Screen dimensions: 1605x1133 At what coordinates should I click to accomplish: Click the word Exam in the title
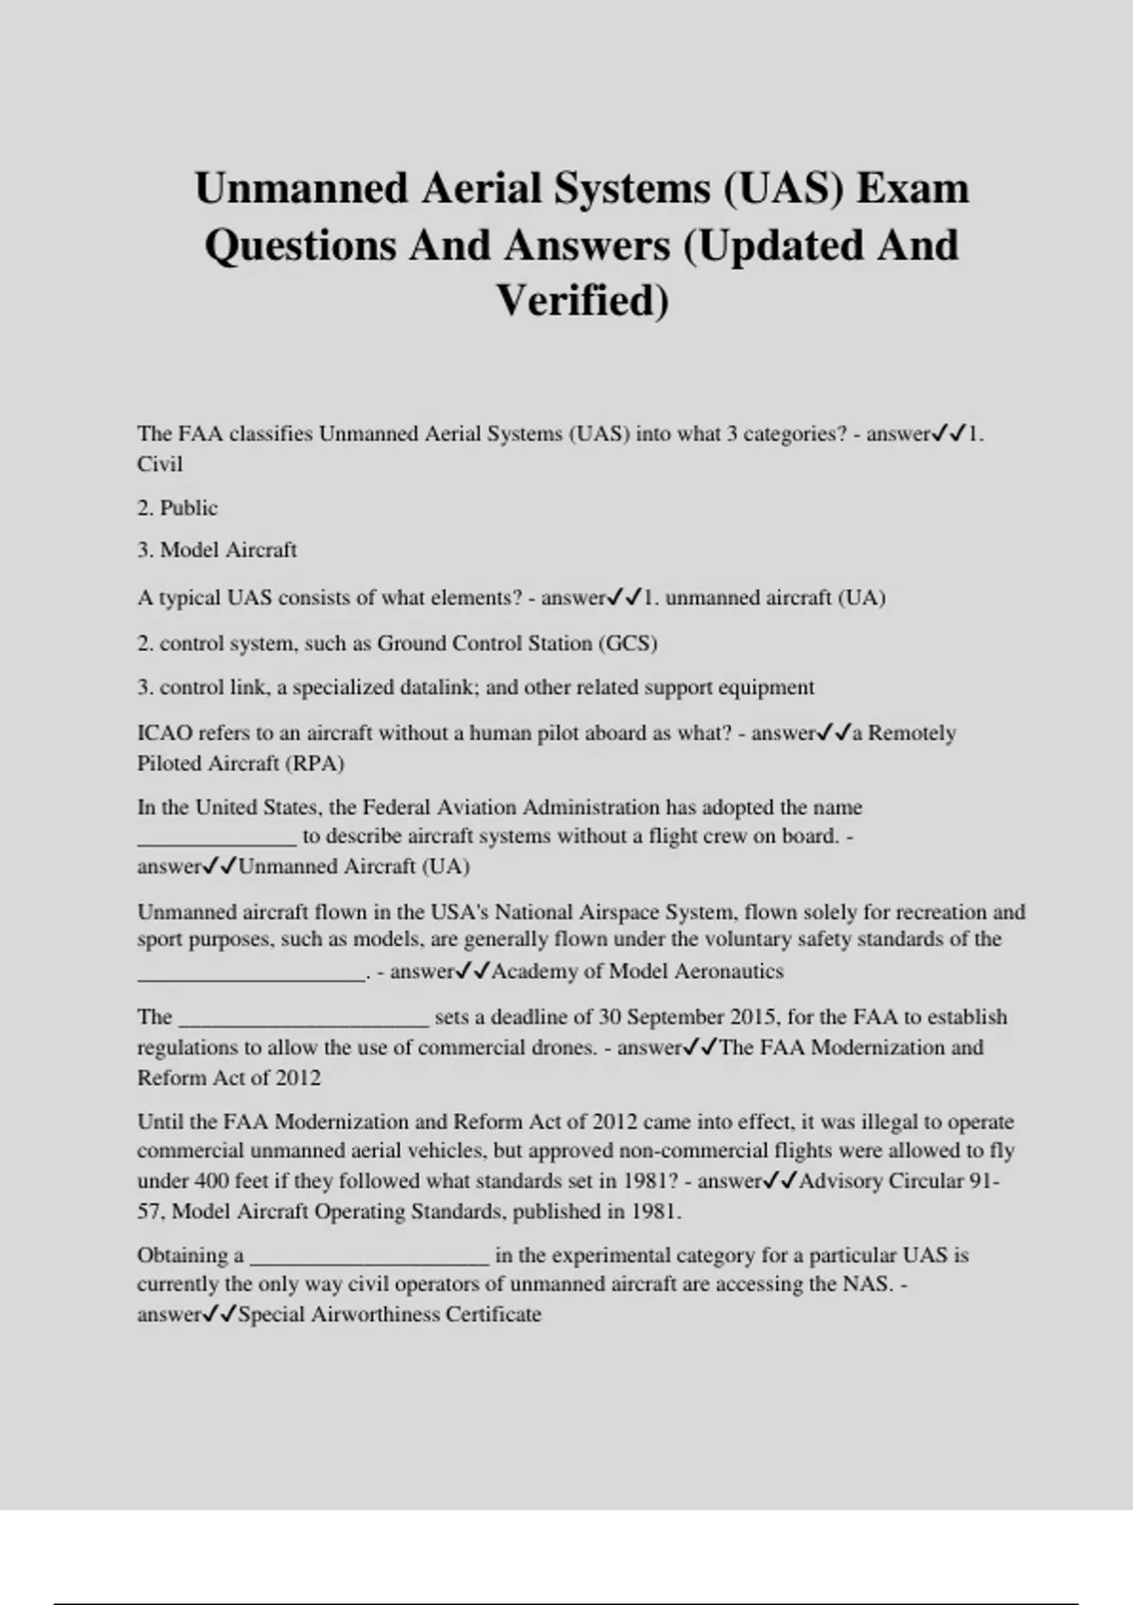[x=912, y=188]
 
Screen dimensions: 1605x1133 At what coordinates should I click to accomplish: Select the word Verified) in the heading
[x=582, y=300]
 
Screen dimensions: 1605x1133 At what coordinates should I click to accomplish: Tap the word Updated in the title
[x=772, y=245]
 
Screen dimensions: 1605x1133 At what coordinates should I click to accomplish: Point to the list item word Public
[x=189, y=508]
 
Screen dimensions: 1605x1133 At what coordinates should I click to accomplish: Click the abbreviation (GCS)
[x=628, y=644]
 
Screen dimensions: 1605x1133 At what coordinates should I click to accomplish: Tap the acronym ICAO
[x=165, y=734]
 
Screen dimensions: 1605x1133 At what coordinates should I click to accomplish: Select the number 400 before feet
[x=211, y=1181]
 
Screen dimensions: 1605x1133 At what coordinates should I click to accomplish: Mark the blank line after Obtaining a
[x=369, y=1258]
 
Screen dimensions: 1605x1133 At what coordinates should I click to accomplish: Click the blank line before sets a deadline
[x=303, y=1020]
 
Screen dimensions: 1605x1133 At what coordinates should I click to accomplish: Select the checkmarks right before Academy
[x=473, y=971]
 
